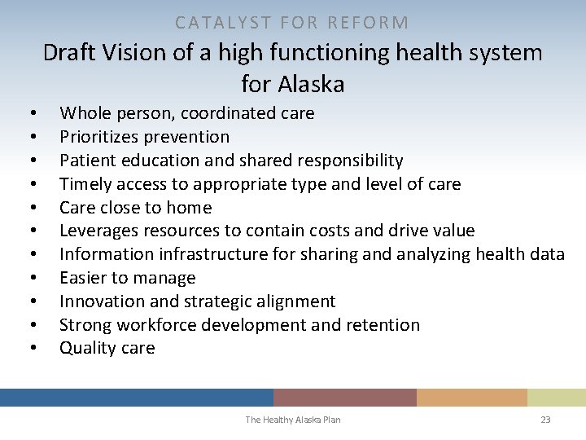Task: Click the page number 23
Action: click(545, 420)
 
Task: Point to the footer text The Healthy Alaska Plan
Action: click(293, 420)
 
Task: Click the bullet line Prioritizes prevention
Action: click(144, 137)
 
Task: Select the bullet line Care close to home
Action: click(135, 208)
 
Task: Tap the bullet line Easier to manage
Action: click(127, 278)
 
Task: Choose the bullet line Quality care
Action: click(107, 348)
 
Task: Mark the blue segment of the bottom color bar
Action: click(136, 398)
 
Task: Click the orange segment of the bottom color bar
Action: click(471, 398)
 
